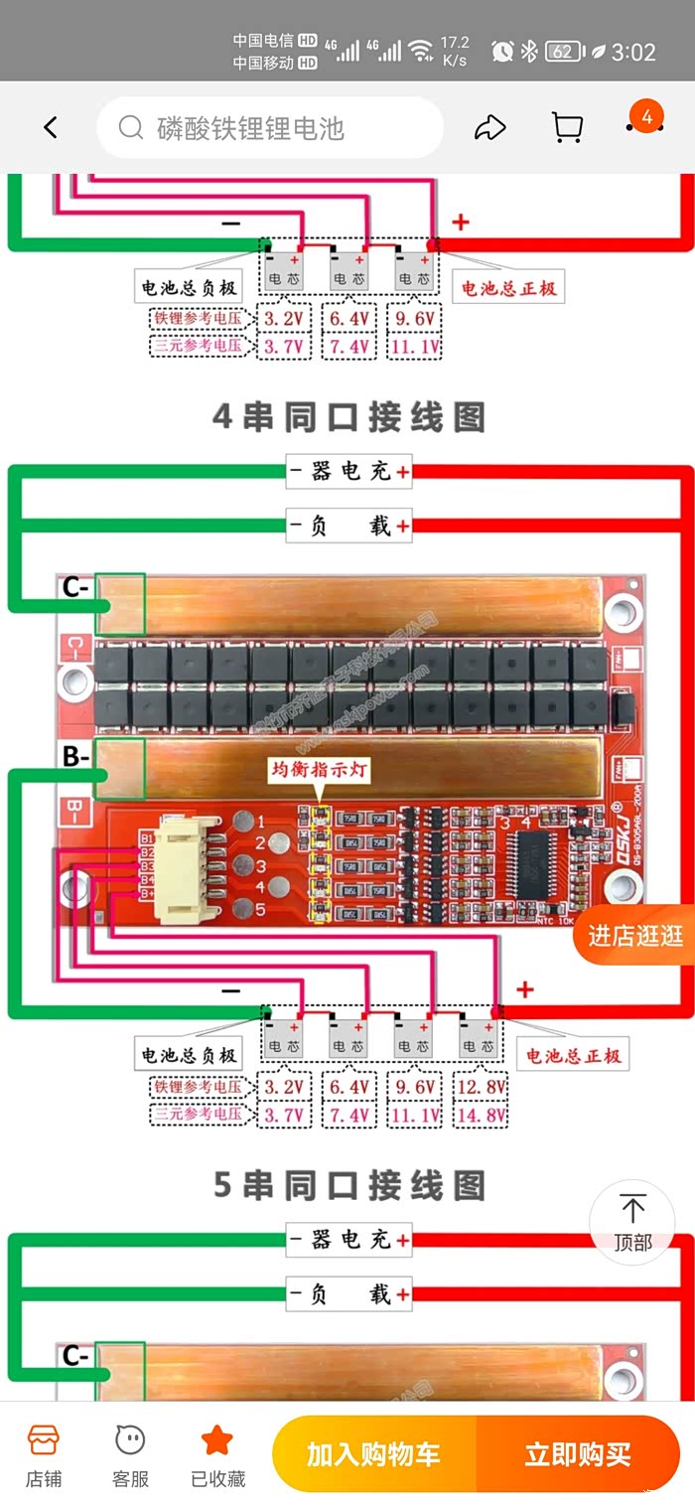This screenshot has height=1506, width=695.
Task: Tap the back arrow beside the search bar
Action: pyautogui.click(x=51, y=127)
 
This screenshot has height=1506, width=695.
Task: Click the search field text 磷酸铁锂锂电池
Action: pyautogui.click(x=250, y=128)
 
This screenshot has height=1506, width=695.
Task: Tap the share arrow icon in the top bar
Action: pyautogui.click(x=490, y=127)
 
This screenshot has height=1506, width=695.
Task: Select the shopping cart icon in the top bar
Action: pyautogui.click(x=566, y=127)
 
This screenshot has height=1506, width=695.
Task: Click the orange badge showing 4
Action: pyautogui.click(x=646, y=118)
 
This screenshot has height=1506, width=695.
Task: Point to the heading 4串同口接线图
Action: pyautogui.click(x=348, y=417)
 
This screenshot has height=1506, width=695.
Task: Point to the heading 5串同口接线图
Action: pyautogui.click(x=348, y=1185)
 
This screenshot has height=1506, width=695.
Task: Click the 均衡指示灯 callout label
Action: pyautogui.click(x=319, y=770)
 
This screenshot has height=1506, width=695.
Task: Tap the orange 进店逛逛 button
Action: pyautogui.click(x=635, y=935)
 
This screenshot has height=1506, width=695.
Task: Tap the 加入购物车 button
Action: pyautogui.click(x=373, y=1454)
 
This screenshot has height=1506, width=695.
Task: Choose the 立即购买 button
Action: pyautogui.click(x=578, y=1454)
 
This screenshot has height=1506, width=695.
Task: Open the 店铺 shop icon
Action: pyautogui.click(x=44, y=1455)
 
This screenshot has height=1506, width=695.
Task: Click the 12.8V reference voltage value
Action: pyautogui.click(x=482, y=1087)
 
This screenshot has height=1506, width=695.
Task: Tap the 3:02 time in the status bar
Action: pyautogui.click(x=634, y=52)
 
